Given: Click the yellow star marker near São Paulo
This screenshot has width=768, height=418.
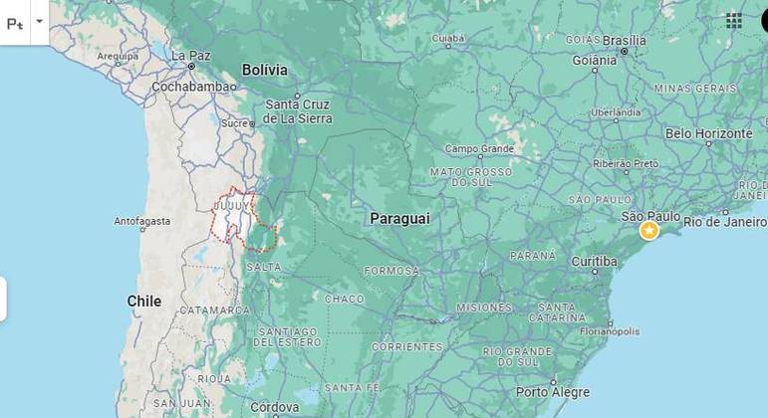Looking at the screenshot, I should pyautogui.click(x=649, y=231).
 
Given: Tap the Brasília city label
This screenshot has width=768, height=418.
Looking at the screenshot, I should pyautogui.click(x=625, y=41).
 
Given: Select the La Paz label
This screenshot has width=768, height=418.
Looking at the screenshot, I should pyautogui.click(x=190, y=56).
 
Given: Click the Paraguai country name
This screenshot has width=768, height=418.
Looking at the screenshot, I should pyautogui.click(x=399, y=218).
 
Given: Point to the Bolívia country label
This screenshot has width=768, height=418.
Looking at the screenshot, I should pyautogui.click(x=264, y=70).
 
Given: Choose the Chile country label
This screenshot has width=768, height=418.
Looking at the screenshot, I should pyautogui.click(x=144, y=301).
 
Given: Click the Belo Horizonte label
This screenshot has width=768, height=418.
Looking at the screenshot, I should pyautogui.click(x=709, y=133).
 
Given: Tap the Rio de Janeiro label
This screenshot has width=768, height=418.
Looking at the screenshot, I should pyautogui.click(x=724, y=222).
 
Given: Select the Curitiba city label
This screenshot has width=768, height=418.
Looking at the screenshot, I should pyautogui.click(x=595, y=261).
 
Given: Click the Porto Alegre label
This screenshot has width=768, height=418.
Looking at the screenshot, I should pyautogui.click(x=553, y=392).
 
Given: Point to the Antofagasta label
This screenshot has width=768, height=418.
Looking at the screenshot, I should pyautogui.click(x=142, y=221).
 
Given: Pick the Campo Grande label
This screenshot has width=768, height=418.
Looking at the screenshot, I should pyautogui.click(x=479, y=149).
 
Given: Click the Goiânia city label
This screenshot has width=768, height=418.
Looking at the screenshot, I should pyautogui.click(x=595, y=60).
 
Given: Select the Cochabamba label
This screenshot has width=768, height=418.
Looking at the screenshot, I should pyautogui.click(x=194, y=87).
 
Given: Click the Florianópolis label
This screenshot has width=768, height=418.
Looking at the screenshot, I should pyautogui.click(x=609, y=331).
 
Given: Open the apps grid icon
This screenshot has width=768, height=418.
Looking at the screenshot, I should pyautogui.click(x=734, y=21).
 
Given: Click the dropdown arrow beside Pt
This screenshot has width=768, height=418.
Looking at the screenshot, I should pyautogui.click(x=39, y=21).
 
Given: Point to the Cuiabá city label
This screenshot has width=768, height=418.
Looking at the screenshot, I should pyautogui.click(x=448, y=39).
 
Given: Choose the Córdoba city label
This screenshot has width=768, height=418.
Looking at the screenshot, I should pyautogui.click(x=274, y=407).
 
